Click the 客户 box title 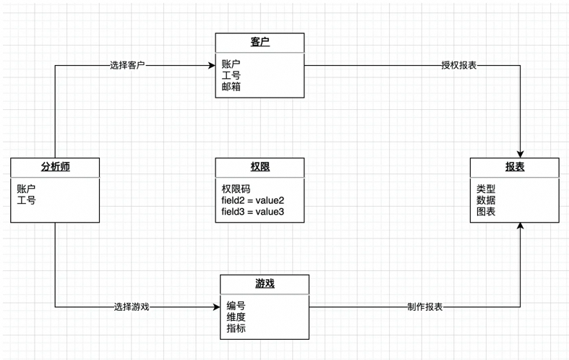(x=260, y=42)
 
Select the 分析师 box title (x=55, y=166)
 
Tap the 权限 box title (x=260, y=166)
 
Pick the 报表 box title (x=515, y=166)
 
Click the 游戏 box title (x=265, y=283)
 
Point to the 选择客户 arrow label (x=127, y=65)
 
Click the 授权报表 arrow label (x=458, y=65)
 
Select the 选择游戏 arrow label (x=132, y=307)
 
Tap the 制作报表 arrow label (x=425, y=307)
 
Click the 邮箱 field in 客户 (x=231, y=87)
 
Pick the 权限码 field (x=236, y=189)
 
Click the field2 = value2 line (x=252, y=200)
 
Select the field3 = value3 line (x=252, y=212)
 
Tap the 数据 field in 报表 (x=486, y=200)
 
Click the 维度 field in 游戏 (x=236, y=317)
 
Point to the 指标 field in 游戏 (x=236, y=328)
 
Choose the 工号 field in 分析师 (x=26, y=200)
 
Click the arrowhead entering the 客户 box (x=212, y=65)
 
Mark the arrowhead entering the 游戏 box (x=217, y=307)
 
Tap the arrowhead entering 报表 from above (x=520, y=154)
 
